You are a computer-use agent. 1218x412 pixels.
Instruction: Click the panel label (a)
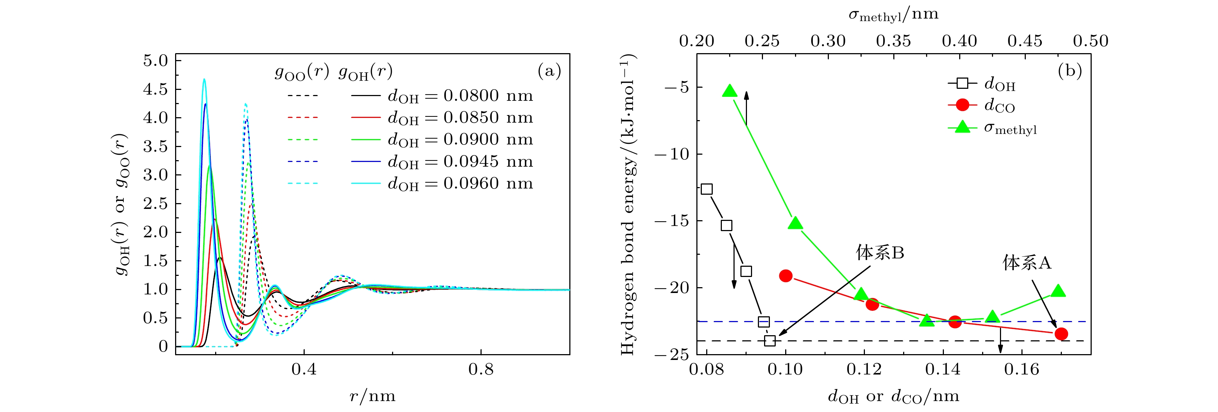[x=549, y=71]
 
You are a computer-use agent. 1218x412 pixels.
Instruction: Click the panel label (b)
[x=1070, y=71]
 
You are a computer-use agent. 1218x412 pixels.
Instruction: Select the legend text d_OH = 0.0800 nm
[x=460, y=96]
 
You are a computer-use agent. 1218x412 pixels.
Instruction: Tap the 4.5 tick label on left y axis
[x=155, y=89]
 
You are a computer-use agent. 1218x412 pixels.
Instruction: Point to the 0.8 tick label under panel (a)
[x=481, y=369]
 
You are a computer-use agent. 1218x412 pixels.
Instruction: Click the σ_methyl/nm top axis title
[x=893, y=15]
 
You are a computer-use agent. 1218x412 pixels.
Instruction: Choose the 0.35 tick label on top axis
[x=893, y=41]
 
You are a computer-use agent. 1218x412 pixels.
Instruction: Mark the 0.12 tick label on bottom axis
[x=864, y=369]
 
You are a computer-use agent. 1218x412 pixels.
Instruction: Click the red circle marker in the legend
[x=962, y=105]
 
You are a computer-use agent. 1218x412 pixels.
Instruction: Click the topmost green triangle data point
[x=730, y=91]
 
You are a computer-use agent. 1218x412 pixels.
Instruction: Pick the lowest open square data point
[x=770, y=341]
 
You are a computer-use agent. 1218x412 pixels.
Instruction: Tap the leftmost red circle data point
[x=785, y=276]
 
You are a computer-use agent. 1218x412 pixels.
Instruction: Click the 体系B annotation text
[x=880, y=253]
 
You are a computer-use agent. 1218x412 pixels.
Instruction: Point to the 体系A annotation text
[x=1027, y=262]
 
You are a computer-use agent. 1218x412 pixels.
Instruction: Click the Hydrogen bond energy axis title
[x=628, y=204]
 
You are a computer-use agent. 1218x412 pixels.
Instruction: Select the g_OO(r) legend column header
[x=302, y=72]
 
